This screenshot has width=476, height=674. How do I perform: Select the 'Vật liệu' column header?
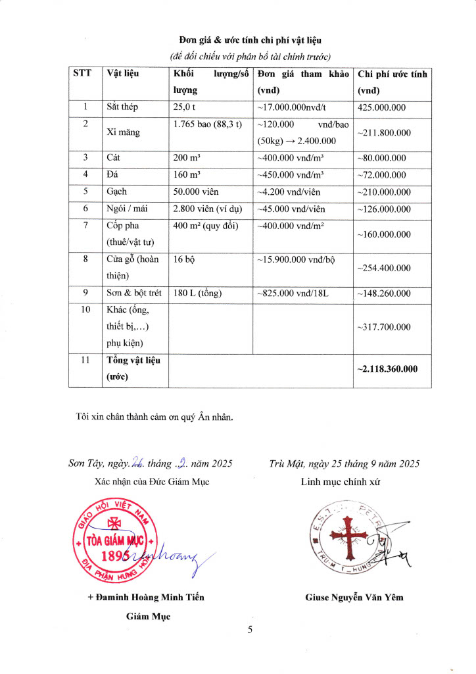click(x=123, y=74)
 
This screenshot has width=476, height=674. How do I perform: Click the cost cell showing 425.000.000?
click(x=381, y=107)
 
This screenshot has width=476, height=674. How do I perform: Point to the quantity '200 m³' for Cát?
click(x=187, y=158)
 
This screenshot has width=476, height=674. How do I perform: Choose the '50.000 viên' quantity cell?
click(x=196, y=192)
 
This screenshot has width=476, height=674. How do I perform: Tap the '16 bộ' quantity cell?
click(x=183, y=260)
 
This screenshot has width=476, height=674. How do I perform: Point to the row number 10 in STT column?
click(x=85, y=310)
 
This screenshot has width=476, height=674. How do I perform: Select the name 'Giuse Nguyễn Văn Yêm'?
click(x=354, y=598)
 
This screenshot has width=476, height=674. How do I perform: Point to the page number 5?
click(x=250, y=630)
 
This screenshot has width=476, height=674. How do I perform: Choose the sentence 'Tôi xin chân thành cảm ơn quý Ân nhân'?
click(x=155, y=416)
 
